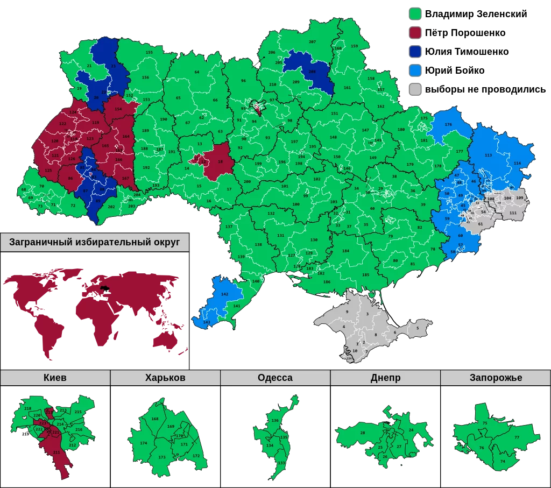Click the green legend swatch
point(415,13)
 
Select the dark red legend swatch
point(415,33)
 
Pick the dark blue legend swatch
point(415,52)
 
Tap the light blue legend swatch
point(415,70)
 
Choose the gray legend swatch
point(415,89)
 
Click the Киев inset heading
point(55,378)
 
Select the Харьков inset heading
point(165,378)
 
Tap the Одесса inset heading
point(275,378)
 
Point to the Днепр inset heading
point(385,378)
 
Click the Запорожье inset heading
point(496,378)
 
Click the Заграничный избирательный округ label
point(94,243)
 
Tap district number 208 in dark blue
point(312,72)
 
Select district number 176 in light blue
point(448,125)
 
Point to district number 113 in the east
point(488,155)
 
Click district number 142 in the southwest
point(224,294)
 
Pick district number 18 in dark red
point(220,161)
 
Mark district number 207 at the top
point(312,41)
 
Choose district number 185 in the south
point(365,275)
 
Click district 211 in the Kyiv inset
point(56,452)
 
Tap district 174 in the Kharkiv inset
point(143,443)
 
